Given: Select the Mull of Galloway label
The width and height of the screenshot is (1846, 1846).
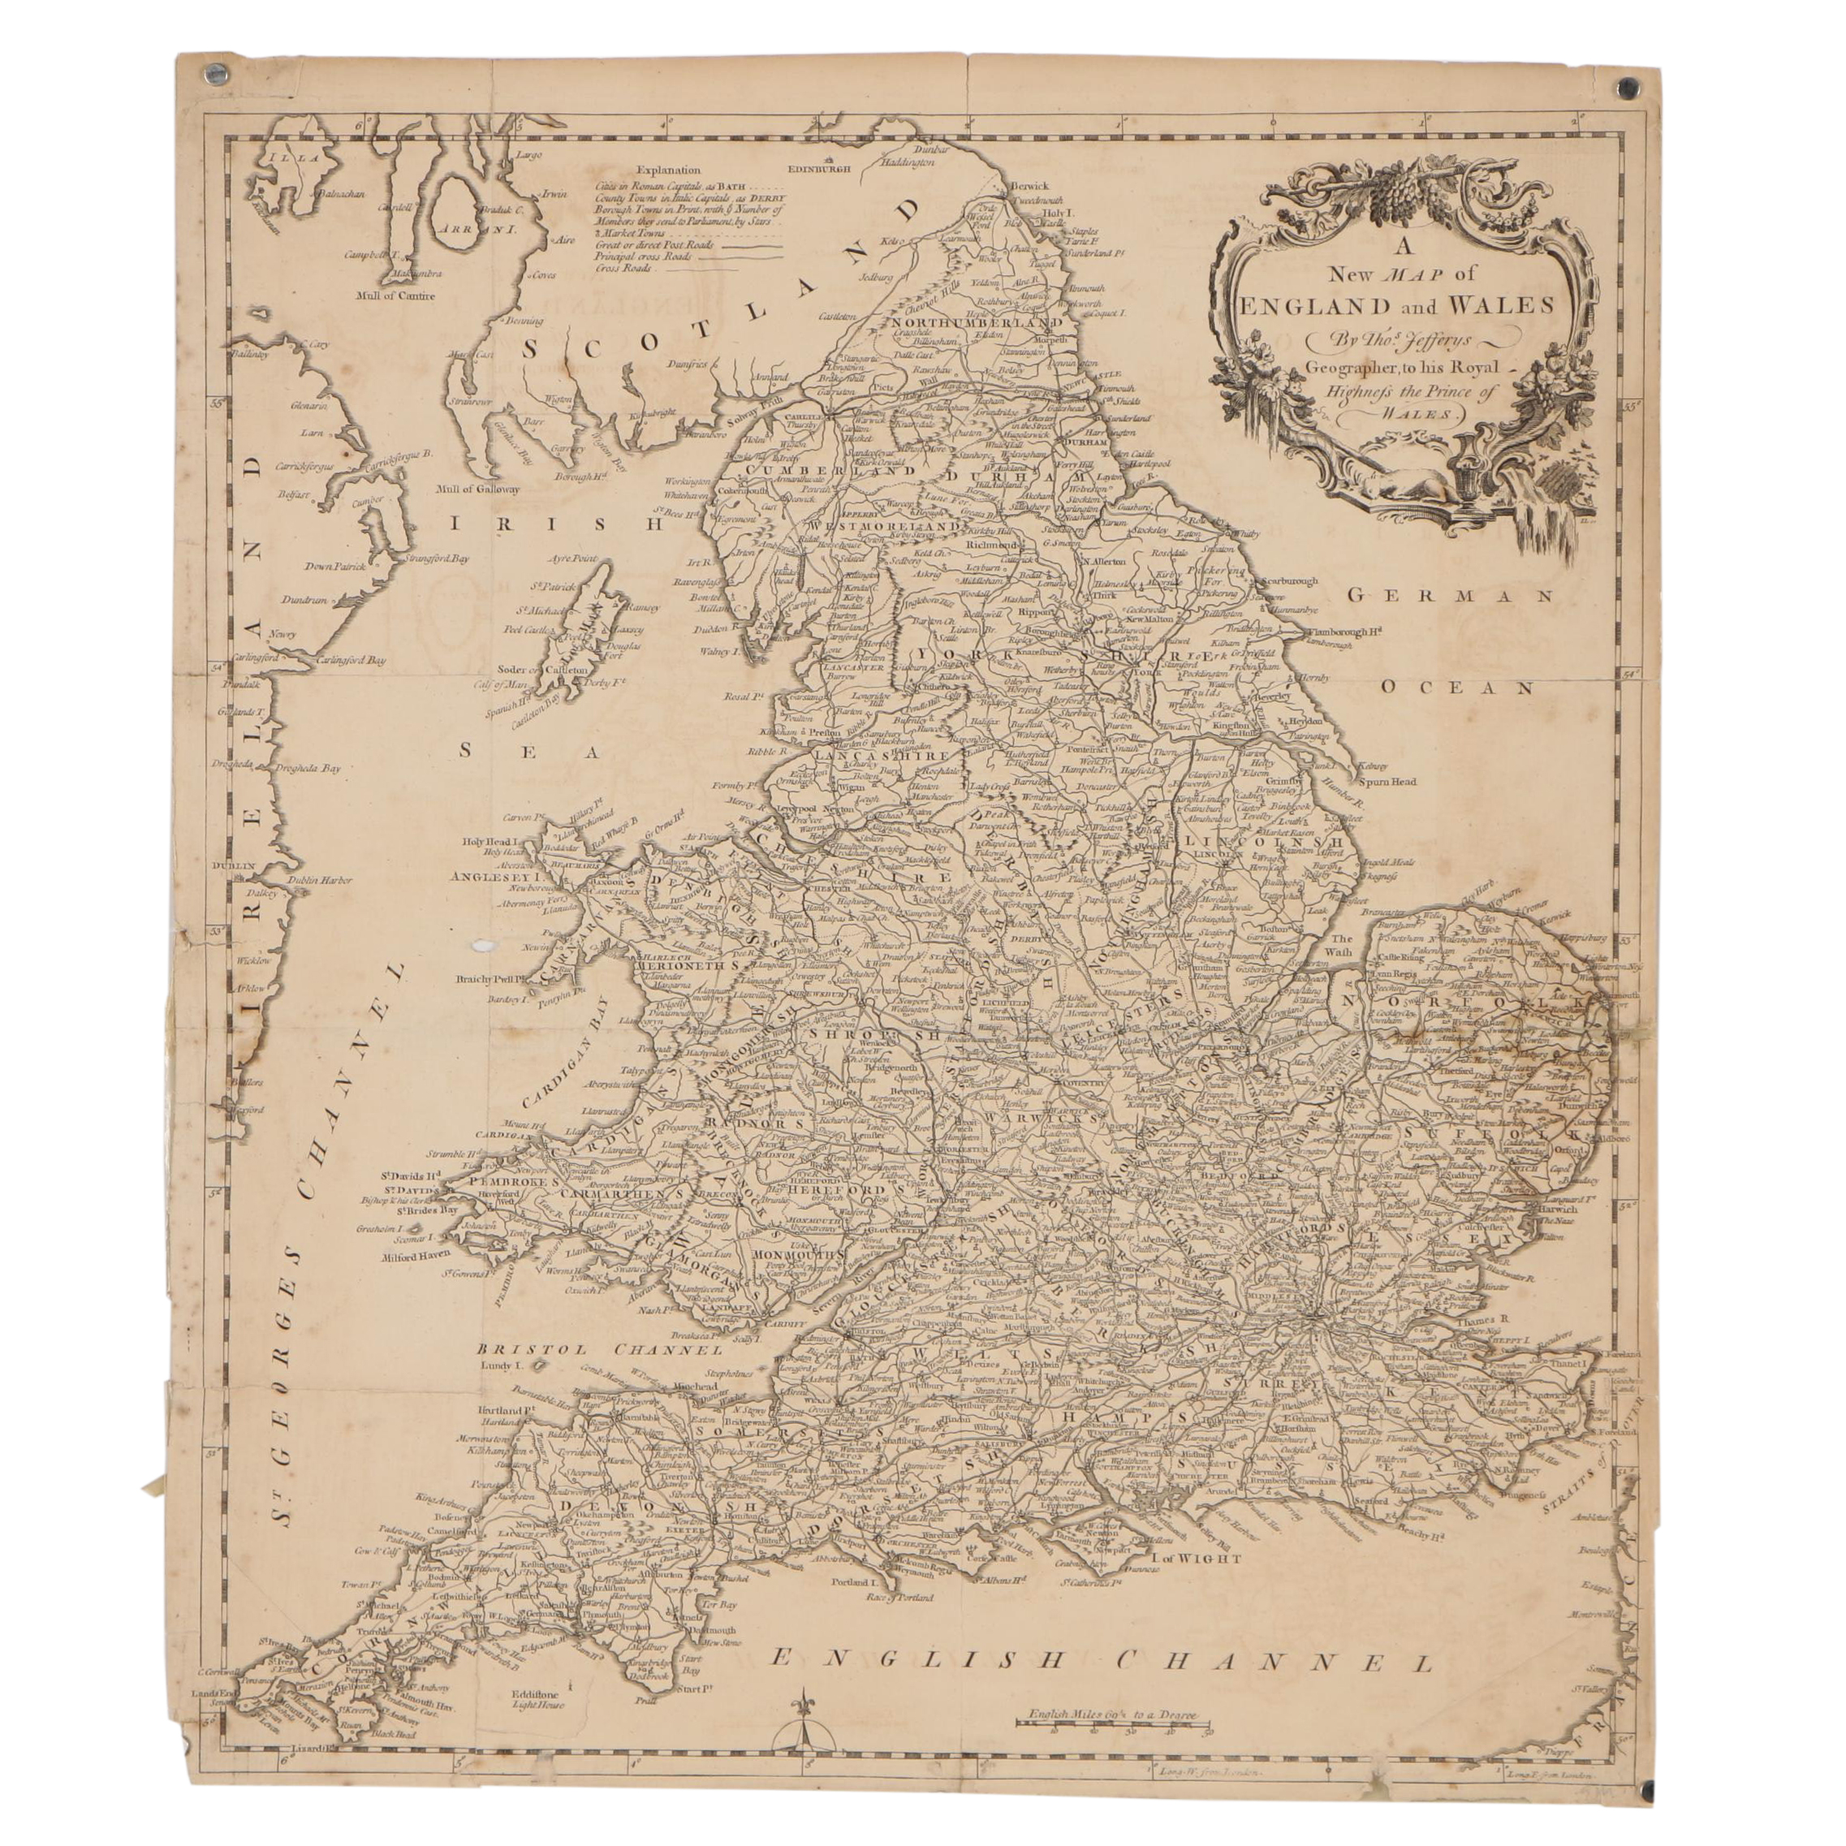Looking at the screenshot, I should [x=478, y=490].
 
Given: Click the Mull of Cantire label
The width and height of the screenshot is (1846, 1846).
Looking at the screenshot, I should [x=395, y=295].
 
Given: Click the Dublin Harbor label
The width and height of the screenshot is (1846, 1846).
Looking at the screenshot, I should [x=318, y=880].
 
